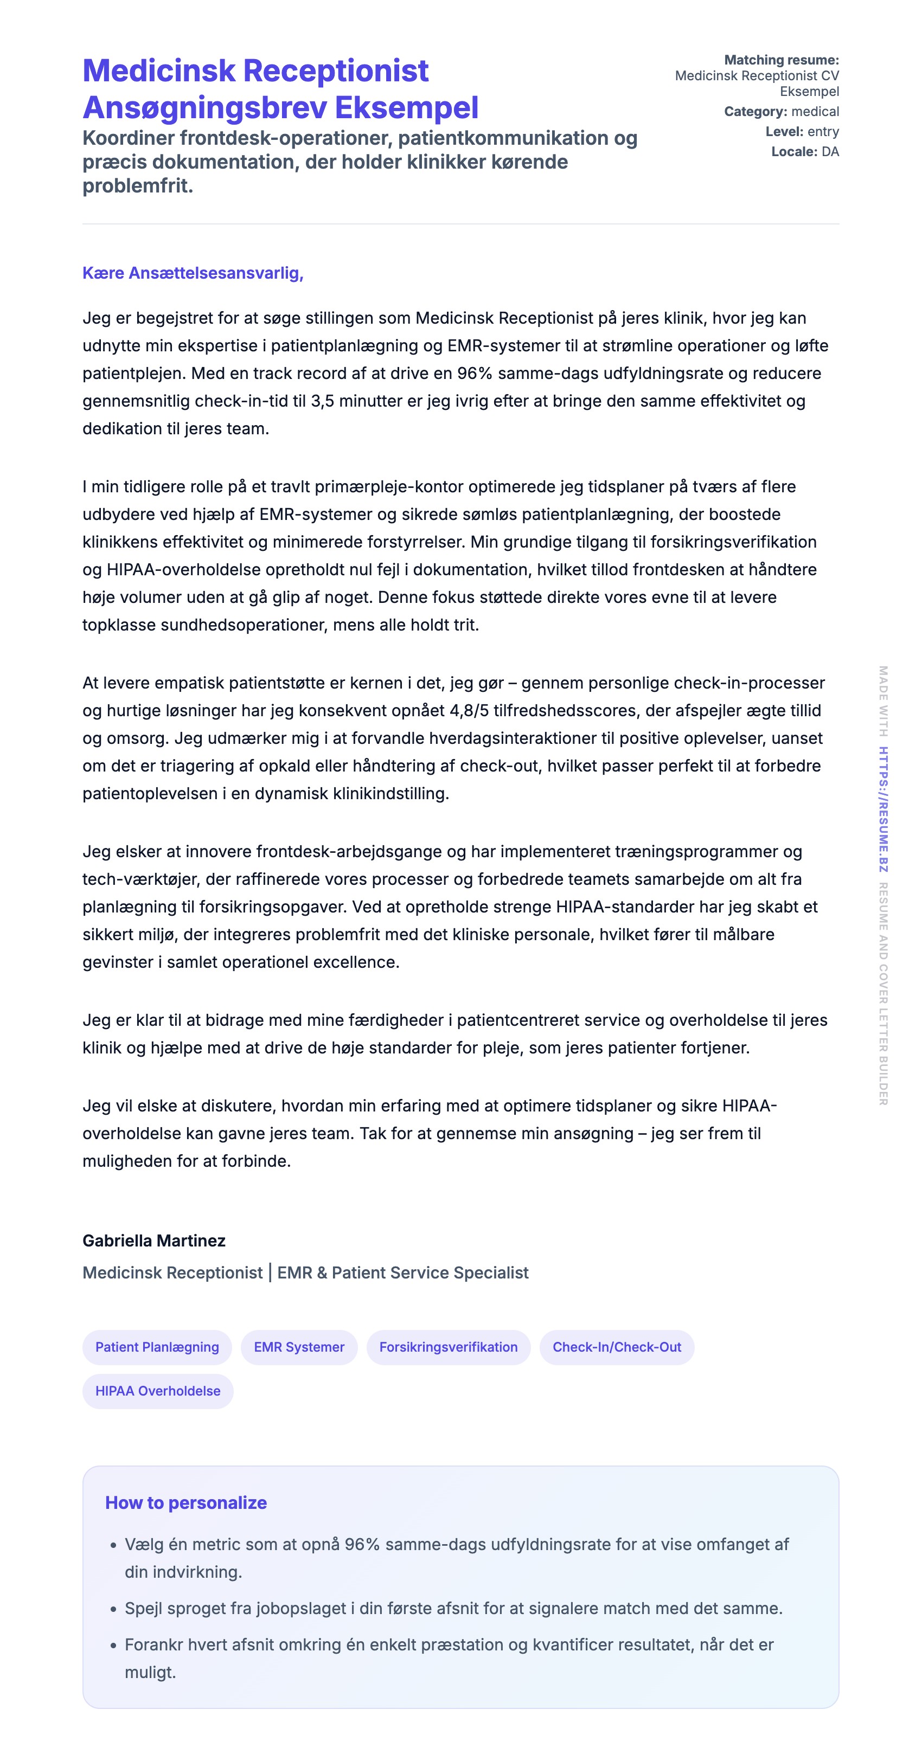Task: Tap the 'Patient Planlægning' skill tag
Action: click(157, 1347)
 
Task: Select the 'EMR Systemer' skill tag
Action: click(299, 1347)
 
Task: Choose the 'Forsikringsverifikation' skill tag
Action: click(448, 1347)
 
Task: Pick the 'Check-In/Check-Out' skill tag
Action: click(616, 1347)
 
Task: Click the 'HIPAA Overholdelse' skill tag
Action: click(157, 1391)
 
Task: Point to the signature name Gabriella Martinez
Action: click(154, 1240)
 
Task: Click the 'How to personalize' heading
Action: click(185, 1502)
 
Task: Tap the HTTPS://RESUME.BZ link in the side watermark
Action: click(883, 809)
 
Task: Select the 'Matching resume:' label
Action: click(781, 60)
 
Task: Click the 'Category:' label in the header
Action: click(755, 112)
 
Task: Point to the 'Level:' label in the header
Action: click(784, 131)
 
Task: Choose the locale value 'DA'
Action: click(830, 152)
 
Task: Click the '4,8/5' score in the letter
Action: click(469, 710)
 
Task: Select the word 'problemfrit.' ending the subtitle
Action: click(137, 185)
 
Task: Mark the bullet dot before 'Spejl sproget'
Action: click(113, 1609)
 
